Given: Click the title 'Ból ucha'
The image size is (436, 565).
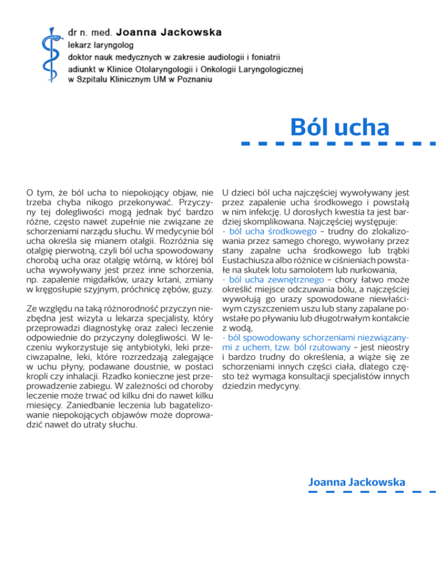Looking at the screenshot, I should [339, 126].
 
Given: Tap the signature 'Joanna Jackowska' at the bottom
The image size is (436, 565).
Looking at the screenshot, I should [357, 482].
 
